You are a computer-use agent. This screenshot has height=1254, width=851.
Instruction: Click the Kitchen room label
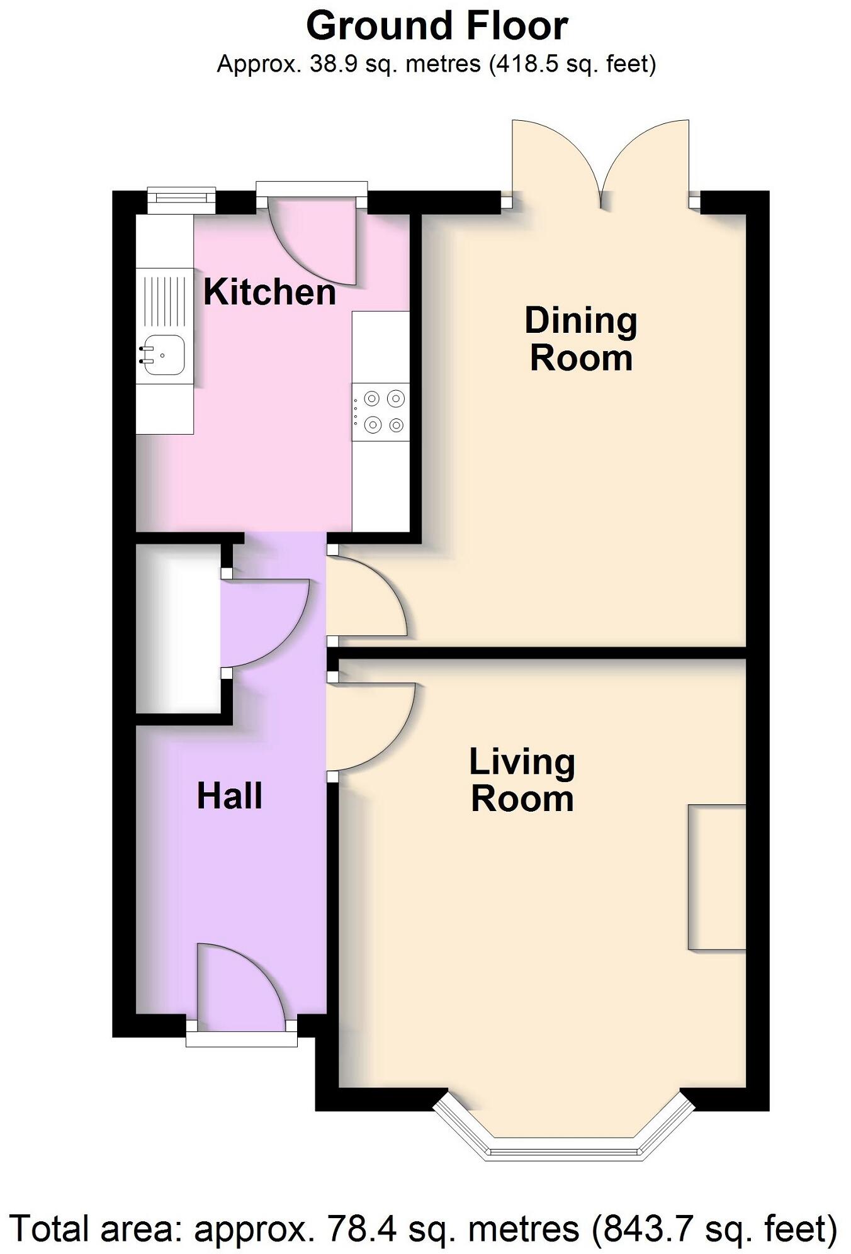(269, 293)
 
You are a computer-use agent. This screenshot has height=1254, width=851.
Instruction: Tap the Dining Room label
(580, 339)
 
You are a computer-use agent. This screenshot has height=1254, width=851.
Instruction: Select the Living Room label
(522, 780)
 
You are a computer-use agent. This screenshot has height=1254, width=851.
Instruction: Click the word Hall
(229, 796)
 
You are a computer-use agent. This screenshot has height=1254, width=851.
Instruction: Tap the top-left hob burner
(372, 398)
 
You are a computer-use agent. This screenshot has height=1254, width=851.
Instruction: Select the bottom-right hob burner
(396, 425)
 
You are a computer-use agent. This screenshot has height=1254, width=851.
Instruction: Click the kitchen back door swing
(315, 242)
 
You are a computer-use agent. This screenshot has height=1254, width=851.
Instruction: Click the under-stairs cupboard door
(264, 623)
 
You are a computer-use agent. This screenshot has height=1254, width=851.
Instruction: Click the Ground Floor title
(437, 26)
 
